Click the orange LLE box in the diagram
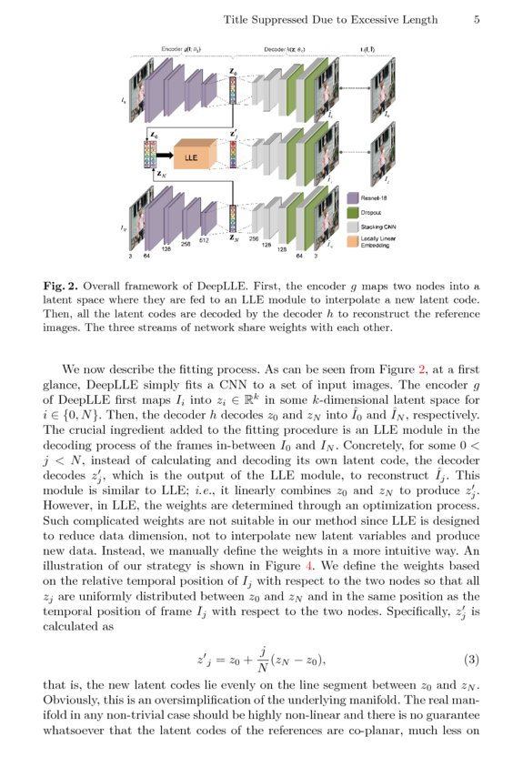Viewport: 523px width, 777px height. tap(191, 156)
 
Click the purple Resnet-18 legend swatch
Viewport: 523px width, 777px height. tap(353, 197)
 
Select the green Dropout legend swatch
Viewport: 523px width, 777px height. tap(353, 212)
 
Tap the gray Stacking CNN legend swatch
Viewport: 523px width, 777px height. tap(353, 227)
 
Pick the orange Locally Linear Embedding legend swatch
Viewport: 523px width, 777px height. tap(353, 243)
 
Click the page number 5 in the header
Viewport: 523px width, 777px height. tap(477, 19)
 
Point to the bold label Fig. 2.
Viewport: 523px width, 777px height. tap(62, 287)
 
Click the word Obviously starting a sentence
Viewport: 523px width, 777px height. tap(73, 701)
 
